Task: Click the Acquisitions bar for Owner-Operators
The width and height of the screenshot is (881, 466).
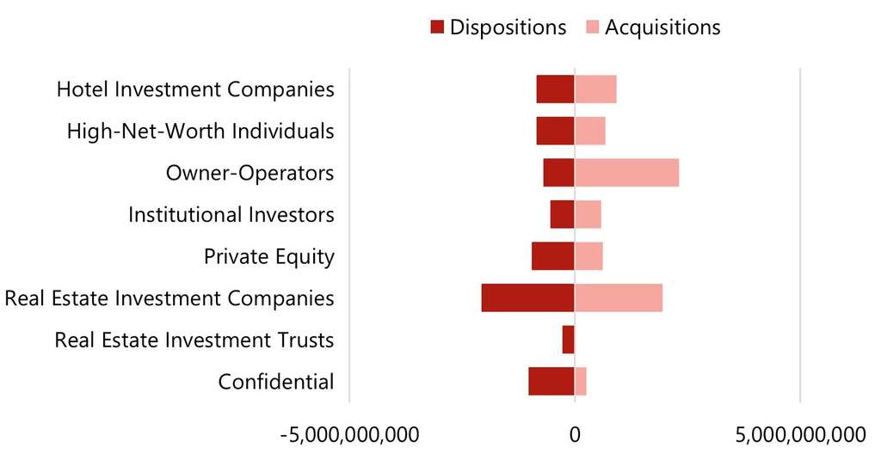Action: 626,173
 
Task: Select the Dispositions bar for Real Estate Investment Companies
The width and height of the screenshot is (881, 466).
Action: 527,297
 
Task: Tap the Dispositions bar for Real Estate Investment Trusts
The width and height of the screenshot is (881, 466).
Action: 568,340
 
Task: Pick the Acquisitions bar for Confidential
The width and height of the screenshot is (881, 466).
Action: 581,381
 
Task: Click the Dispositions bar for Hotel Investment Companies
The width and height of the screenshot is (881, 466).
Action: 555,89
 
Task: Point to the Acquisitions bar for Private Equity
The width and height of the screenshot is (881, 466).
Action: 588,256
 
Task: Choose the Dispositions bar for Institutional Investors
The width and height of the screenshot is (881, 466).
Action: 562,214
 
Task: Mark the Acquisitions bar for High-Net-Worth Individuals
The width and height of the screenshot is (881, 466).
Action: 590,131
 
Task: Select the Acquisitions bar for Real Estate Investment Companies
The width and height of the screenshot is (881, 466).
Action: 619,297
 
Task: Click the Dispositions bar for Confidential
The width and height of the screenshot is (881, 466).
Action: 551,381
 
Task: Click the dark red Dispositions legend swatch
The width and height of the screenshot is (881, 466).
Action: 436,28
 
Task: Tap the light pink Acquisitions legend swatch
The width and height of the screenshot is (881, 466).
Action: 592,28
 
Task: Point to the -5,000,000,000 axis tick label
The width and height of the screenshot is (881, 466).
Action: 350,434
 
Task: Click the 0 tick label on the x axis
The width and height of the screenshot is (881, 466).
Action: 575,434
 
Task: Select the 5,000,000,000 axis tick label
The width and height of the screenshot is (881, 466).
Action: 800,434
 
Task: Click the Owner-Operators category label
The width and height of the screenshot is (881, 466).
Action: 250,173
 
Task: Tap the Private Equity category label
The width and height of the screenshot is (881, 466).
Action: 268,256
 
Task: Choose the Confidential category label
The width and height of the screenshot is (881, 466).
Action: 275,381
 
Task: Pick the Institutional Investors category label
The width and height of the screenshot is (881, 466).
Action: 231,214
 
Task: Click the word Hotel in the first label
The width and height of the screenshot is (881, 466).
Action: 83,89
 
